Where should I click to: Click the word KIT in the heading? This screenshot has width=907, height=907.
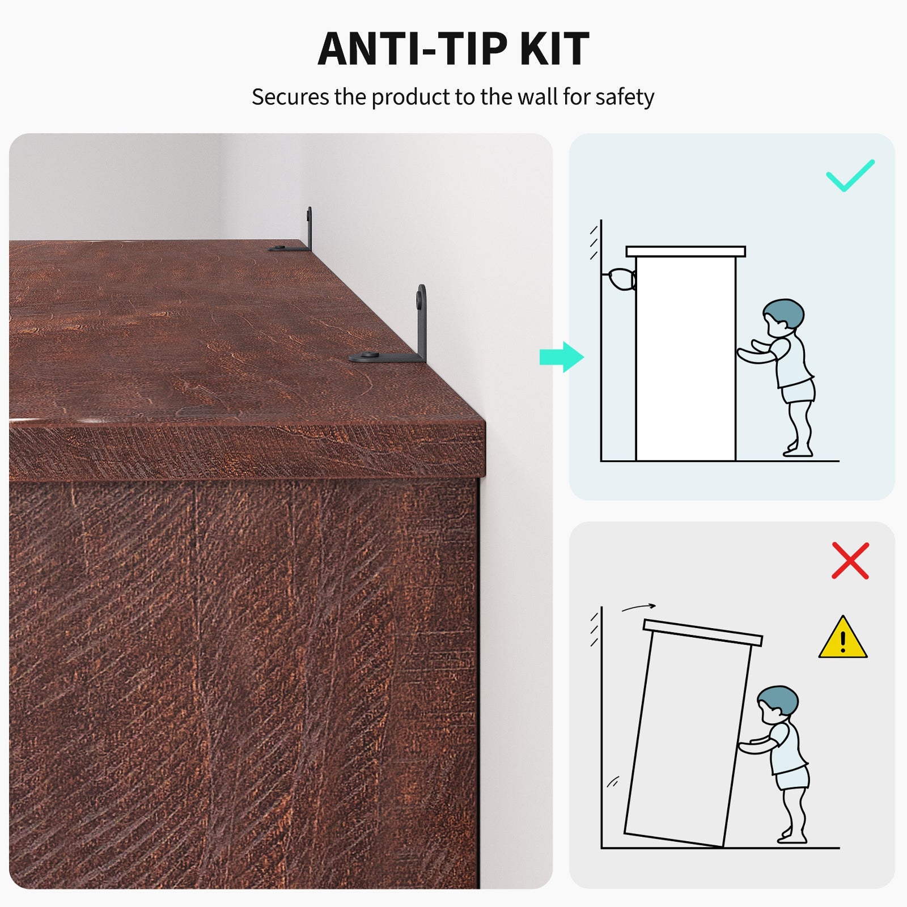[x=554, y=49]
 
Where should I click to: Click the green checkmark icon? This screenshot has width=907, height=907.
[x=850, y=176]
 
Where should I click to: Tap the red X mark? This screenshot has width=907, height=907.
[x=850, y=561]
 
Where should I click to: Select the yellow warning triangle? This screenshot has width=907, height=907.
[x=843, y=638]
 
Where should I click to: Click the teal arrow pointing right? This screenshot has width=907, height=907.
[x=562, y=357]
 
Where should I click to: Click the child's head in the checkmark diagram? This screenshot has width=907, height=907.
[x=783, y=317]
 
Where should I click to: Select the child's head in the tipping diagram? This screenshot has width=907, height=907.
[x=777, y=704]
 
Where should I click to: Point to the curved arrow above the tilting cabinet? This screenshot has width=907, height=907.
[x=639, y=607]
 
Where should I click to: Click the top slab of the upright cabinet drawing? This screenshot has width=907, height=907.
[x=685, y=252]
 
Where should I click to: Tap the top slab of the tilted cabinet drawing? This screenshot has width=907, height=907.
[x=703, y=633]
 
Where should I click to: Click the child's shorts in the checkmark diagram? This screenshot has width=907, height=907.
[x=799, y=391]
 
